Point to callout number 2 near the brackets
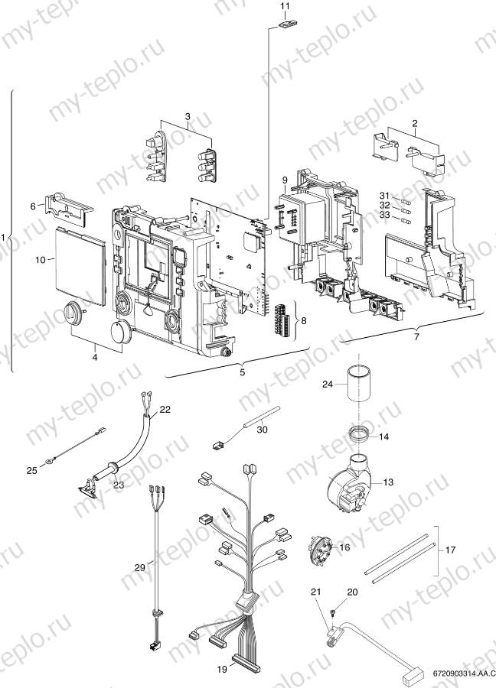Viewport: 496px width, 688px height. (414, 122)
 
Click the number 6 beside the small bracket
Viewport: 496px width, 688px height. (32, 206)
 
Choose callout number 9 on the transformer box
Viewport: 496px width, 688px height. (284, 180)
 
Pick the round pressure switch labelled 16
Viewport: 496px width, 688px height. (321, 547)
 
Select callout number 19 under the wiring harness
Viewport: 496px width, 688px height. (221, 669)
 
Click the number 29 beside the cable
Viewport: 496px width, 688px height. (139, 567)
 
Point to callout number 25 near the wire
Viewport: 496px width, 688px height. (31, 471)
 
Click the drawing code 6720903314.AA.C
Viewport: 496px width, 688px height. (458, 673)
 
